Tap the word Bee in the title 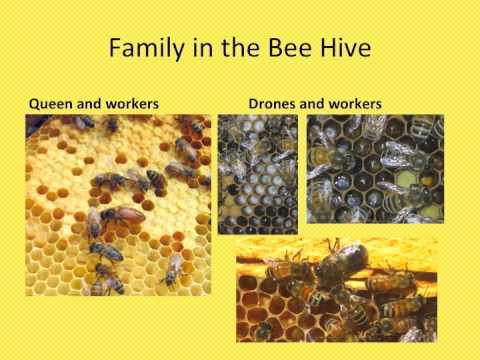[x=299, y=49]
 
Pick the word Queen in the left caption [x=50, y=102]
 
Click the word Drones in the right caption [x=273, y=102]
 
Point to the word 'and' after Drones [x=313, y=102]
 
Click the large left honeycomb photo [x=118, y=205]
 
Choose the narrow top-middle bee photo [x=257, y=173]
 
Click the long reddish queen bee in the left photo [x=122, y=213]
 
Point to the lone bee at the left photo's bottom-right [x=173, y=266]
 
